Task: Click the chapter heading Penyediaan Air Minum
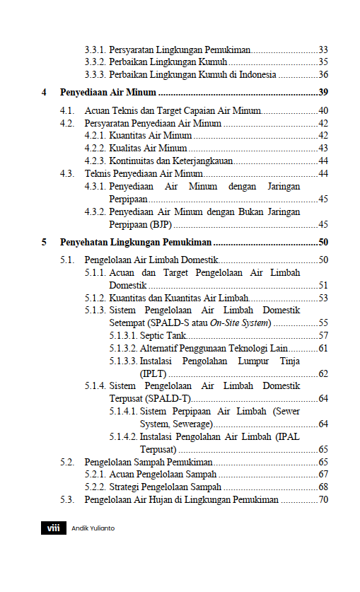point(108,93)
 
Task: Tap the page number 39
point(323,93)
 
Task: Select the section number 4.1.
point(67,111)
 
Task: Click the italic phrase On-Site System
point(240,323)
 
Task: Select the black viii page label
point(52,528)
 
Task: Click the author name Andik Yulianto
point(93,528)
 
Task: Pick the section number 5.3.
point(67,500)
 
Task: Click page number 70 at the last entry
point(323,500)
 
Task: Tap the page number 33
point(323,50)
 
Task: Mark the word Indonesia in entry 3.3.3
point(252,74)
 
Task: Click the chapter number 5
point(44,242)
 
